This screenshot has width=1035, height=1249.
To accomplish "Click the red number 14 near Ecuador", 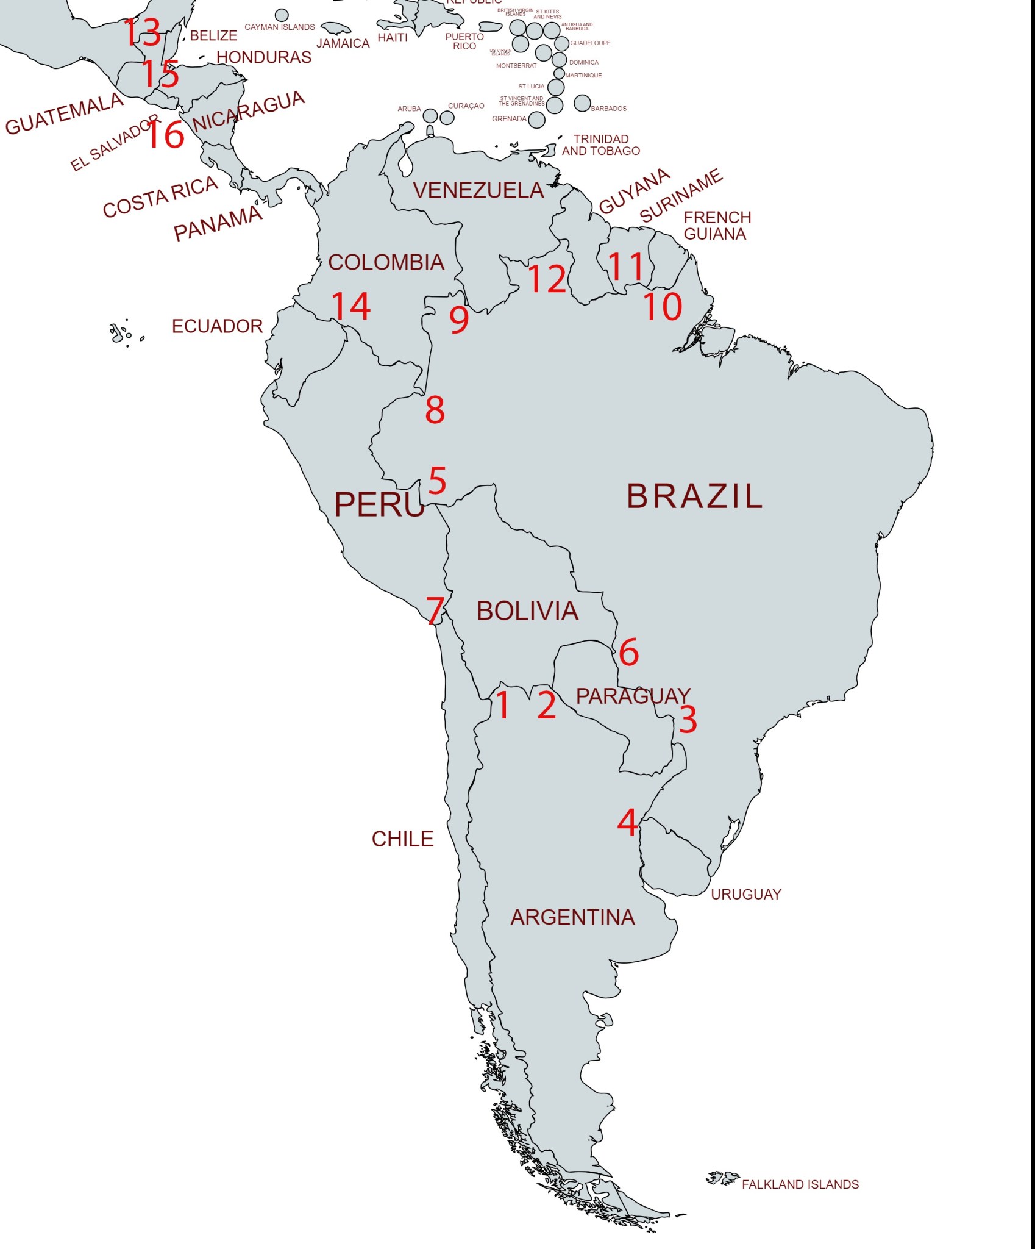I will (351, 306).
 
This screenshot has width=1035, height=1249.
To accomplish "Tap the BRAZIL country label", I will (694, 496).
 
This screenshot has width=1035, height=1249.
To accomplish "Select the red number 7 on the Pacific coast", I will (435, 610).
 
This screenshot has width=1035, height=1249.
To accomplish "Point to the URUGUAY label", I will (745, 895).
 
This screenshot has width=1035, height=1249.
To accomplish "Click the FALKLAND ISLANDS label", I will (800, 1184).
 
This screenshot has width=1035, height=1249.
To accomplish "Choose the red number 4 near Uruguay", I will (627, 822).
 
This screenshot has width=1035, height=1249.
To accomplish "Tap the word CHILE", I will (402, 839).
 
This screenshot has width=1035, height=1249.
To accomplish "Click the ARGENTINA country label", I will (572, 917).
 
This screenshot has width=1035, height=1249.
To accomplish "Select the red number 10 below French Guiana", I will (663, 307).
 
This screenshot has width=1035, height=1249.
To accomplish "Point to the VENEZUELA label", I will (478, 190).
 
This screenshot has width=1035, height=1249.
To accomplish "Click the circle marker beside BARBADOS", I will (582, 103).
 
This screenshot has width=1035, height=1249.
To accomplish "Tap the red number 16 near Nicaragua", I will (165, 135).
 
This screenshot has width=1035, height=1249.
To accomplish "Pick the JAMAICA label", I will (343, 43).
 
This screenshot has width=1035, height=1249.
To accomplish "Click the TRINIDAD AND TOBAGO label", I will (600, 145).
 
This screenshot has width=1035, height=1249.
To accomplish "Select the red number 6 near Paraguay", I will (628, 653).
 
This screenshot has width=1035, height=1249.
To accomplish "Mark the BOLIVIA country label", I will (527, 611).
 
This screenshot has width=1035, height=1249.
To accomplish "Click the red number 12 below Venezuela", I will (547, 279).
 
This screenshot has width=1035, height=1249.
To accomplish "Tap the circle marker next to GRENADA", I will (536, 120).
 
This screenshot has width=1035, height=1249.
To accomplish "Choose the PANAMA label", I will (218, 224).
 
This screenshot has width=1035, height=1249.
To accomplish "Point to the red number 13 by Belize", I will (143, 32).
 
